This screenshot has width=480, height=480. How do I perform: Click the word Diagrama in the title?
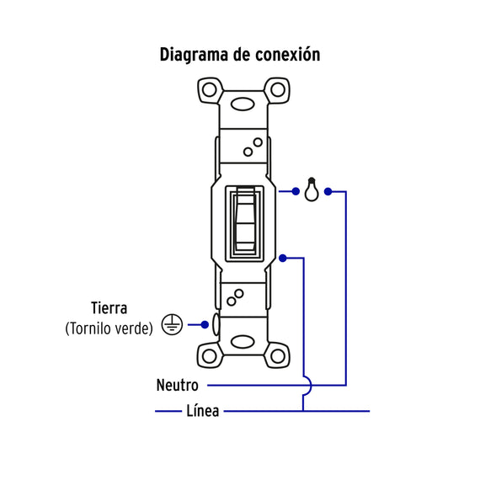pyautogui.click(x=194, y=55)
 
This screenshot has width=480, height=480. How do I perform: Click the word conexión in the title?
pyautogui.click(x=288, y=54)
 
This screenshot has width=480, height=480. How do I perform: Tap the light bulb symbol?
pyautogui.click(x=312, y=189)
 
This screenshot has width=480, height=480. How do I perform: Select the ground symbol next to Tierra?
pyautogui.click(x=172, y=324)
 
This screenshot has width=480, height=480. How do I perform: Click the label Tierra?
pyautogui.click(x=109, y=308)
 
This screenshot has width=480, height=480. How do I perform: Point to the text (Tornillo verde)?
pyautogui.click(x=109, y=328)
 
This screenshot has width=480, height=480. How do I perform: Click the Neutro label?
pyautogui.click(x=177, y=385)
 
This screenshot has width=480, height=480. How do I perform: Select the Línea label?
pyautogui.click(x=203, y=410)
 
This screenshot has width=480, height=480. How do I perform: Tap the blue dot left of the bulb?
pyautogui.click(x=296, y=192)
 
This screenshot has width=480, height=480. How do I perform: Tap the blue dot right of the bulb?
pyautogui.click(x=328, y=192)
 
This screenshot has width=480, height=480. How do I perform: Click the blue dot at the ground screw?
pyautogui.click(x=205, y=325)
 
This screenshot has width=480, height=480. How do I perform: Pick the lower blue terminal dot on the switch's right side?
pyautogui.click(x=283, y=259)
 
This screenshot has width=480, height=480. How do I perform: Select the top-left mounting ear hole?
pyautogui.click(x=210, y=90)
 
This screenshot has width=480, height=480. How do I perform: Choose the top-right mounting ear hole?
pyautogui.click(x=278, y=90)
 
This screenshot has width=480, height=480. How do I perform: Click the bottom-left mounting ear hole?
pyautogui.click(x=210, y=355)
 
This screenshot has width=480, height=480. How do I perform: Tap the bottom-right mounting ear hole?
pyautogui.click(x=278, y=355)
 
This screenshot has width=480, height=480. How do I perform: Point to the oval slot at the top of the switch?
pyautogui.click(x=243, y=104)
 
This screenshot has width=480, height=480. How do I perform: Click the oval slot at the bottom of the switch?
pyautogui.click(x=243, y=342)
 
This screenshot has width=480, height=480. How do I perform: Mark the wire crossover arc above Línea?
pyautogui.click(x=311, y=386)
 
